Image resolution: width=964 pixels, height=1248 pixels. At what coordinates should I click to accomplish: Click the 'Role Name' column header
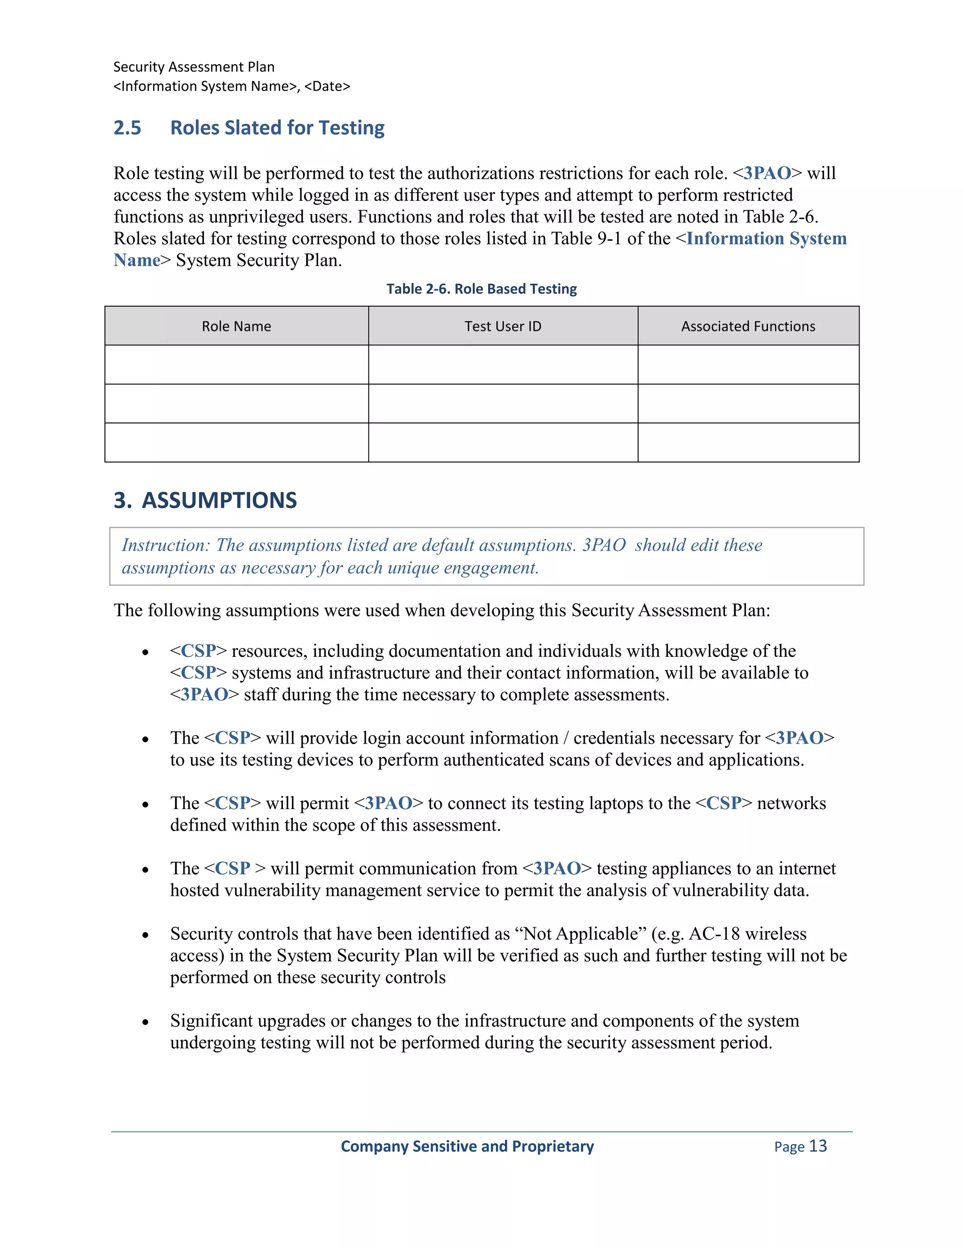pyautogui.click(x=236, y=326)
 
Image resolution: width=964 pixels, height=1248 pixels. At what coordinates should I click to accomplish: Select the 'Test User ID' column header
pyautogui.click(x=503, y=326)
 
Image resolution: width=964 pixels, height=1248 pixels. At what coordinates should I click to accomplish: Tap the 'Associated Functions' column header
pyautogui.click(x=748, y=326)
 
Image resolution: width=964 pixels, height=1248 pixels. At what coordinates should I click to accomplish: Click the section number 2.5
pyautogui.click(x=128, y=128)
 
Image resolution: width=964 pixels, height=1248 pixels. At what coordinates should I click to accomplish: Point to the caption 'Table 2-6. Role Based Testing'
pyautogui.click(x=482, y=289)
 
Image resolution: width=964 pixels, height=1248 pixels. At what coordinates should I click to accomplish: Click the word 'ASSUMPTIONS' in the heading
pyautogui.click(x=219, y=500)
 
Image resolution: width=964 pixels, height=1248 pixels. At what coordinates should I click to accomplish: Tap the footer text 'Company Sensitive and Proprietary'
pyautogui.click(x=467, y=1146)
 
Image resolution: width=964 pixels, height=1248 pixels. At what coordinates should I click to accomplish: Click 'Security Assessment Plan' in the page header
pyautogui.click(x=193, y=67)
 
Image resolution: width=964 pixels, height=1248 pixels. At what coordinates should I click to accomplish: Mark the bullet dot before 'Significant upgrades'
pyautogui.click(x=145, y=1022)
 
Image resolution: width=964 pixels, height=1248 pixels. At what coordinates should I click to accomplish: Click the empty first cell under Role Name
pyautogui.click(x=236, y=365)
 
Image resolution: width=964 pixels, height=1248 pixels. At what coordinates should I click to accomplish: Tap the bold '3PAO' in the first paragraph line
pyautogui.click(x=767, y=173)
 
